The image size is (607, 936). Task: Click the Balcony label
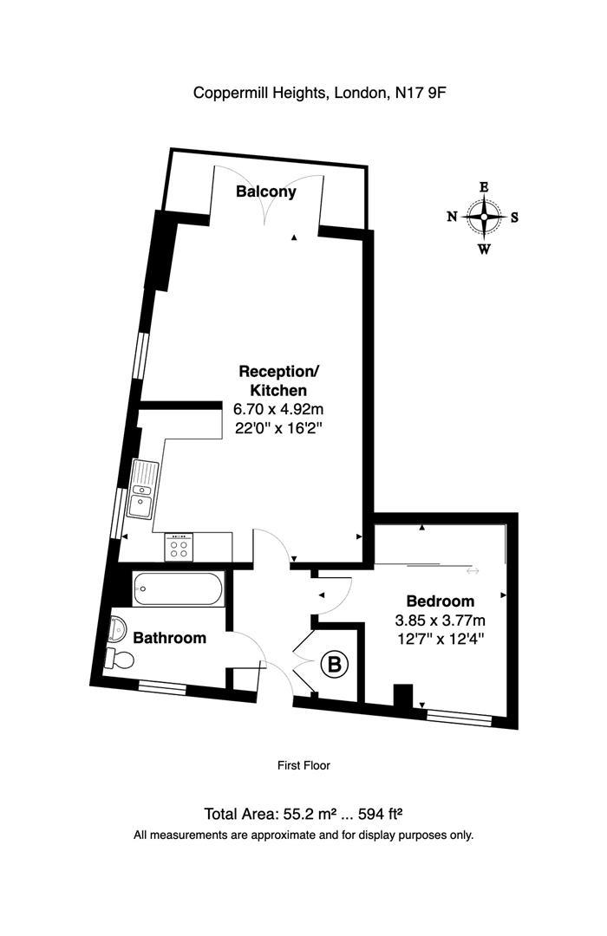tap(266, 192)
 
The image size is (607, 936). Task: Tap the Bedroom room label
tap(441, 601)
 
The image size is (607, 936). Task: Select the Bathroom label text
tap(169, 638)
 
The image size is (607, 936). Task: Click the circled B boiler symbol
tap(336, 666)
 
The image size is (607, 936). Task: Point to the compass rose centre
tap(484, 218)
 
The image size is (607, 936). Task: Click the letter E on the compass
tap(484, 186)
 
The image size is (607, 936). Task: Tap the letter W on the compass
tap(484, 250)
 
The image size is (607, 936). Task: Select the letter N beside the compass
tap(452, 218)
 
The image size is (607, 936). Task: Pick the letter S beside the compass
tap(514, 218)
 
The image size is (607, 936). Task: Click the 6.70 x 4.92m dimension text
tap(278, 409)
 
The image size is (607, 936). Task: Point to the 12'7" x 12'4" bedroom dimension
tap(440, 640)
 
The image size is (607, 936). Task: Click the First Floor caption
tap(303, 765)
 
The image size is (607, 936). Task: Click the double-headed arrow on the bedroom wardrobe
tap(473, 571)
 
